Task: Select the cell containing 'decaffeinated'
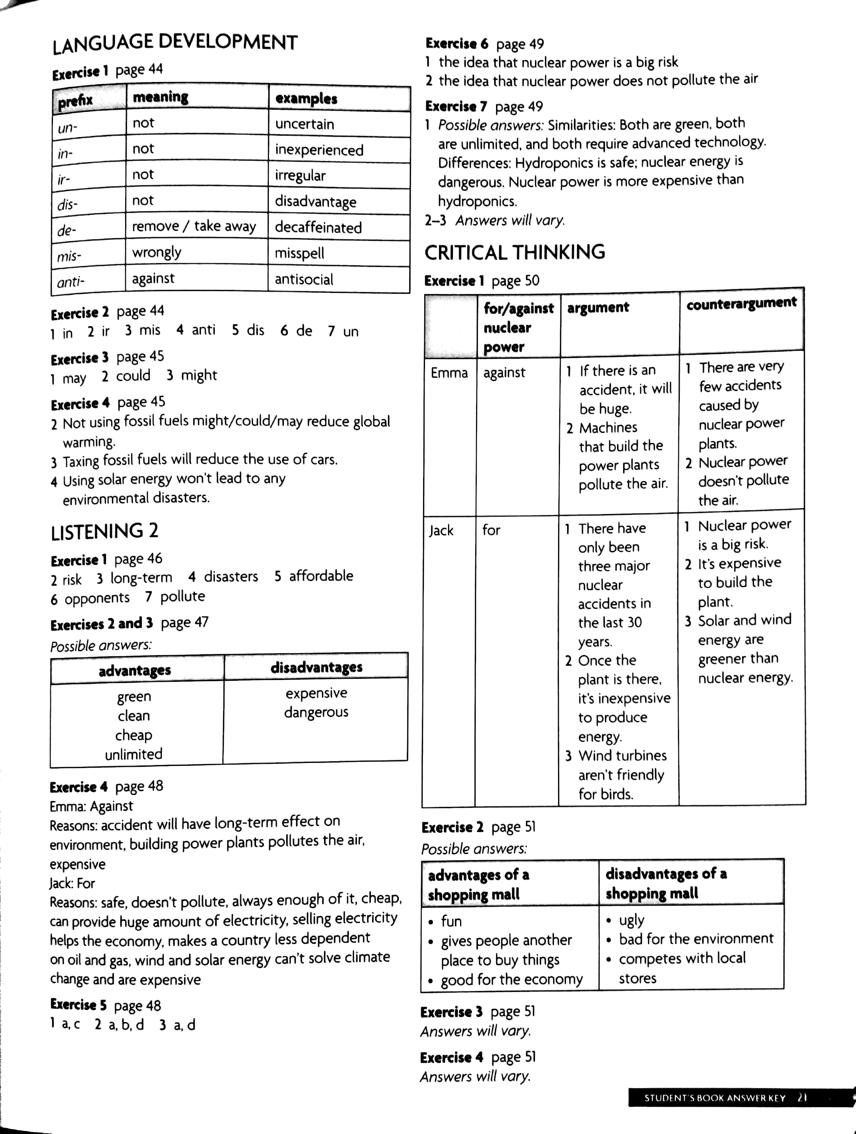318,227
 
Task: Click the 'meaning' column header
161,97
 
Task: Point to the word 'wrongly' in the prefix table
157,252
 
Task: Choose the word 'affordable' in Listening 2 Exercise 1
321,576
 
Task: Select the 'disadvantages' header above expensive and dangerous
316,667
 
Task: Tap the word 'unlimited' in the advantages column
133,754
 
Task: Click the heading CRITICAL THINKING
515,252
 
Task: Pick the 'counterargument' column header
741,303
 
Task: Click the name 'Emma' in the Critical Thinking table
449,373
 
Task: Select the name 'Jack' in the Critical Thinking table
441,530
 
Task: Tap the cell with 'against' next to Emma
504,373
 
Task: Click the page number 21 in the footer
802,1098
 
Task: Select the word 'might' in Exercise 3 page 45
198,376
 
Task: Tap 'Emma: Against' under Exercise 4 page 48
91,806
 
